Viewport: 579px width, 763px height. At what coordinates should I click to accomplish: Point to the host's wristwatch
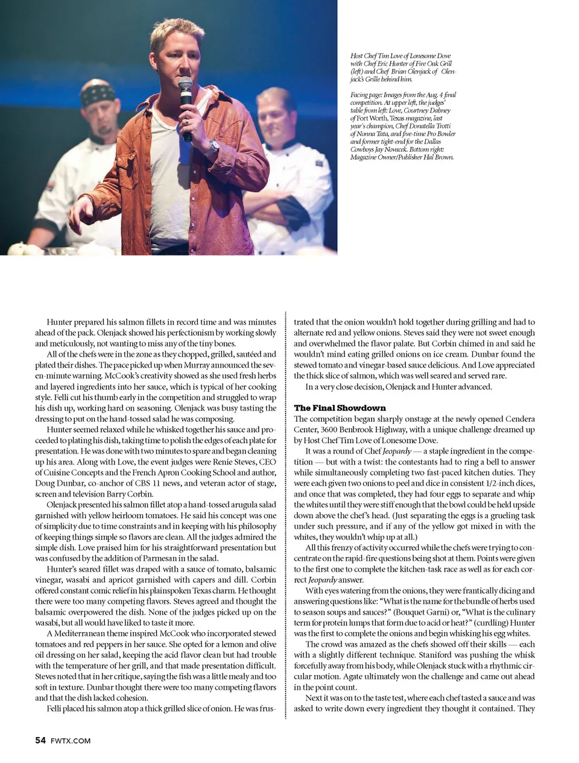tap(214, 145)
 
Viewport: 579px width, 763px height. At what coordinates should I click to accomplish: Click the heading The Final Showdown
tap(340, 408)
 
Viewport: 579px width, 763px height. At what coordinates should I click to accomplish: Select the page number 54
tap(40, 741)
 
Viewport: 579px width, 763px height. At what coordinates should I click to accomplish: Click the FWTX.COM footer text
tap(71, 741)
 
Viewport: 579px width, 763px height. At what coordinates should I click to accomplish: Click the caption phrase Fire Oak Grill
tap(431, 63)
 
